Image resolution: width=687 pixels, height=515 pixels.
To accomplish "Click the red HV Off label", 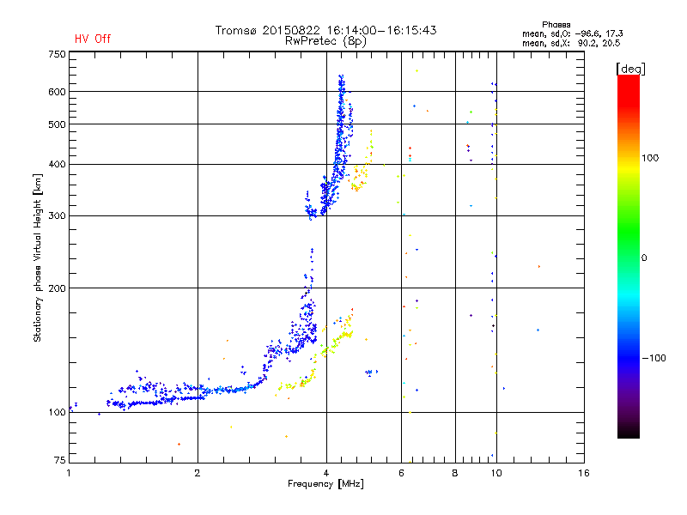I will click(x=93, y=39).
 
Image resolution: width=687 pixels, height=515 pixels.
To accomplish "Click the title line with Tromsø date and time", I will click(x=326, y=30).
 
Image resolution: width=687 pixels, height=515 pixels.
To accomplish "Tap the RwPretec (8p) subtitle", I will click(x=326, y=40).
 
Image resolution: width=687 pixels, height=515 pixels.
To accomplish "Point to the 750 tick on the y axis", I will click(x=56, y=54).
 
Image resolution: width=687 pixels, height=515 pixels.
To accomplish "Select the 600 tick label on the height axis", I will click(x=56, y=92).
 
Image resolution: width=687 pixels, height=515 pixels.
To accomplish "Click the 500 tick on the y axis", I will click(x=56, y=124).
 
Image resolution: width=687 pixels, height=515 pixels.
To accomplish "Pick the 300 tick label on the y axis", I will click(x=56, y=215).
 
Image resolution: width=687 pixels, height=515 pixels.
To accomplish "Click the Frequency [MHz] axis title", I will click(x=326, y=484).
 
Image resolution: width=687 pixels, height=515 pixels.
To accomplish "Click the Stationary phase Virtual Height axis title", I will click(x=38, y=257).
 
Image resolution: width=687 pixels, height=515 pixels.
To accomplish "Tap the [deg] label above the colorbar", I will click(x=631, y=68).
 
